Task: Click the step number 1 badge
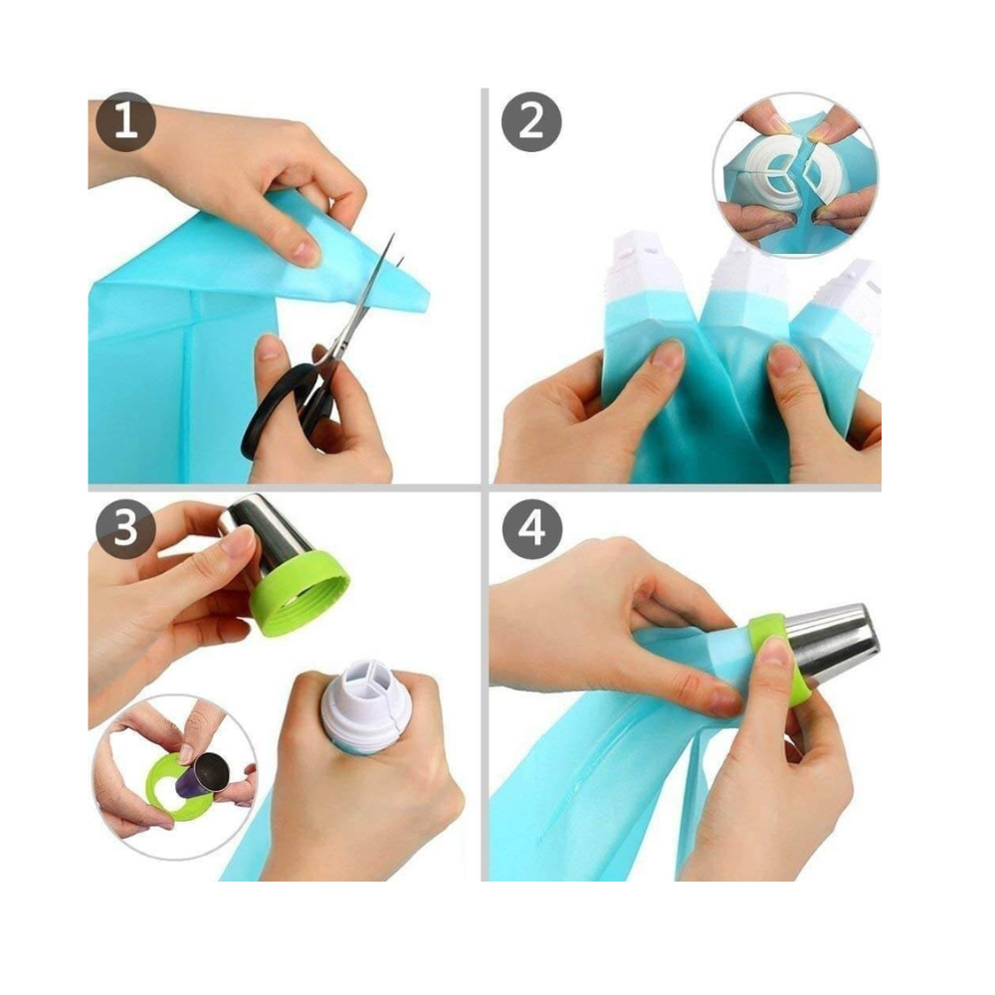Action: [125, 121]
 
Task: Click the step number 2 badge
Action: [531, 121]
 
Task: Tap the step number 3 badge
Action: [125, 528]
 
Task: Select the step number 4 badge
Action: [531, 528]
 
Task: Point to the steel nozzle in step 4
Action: [831, 642]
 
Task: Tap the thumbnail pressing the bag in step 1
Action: [305, 253]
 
